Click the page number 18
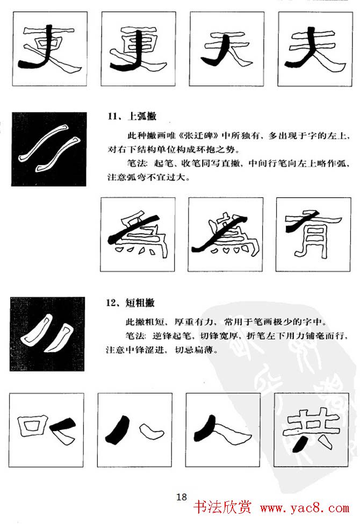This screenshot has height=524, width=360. coord(181,497)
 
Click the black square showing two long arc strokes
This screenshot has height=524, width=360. coord(48,149)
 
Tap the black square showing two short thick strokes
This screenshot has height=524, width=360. coord(47,334)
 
